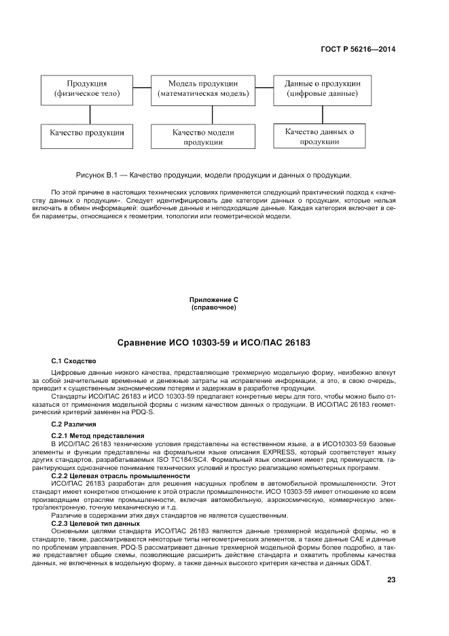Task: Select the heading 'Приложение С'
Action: (214, 300)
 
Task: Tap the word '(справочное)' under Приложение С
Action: (214, 307)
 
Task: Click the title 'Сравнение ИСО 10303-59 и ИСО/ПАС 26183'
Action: (214, 342)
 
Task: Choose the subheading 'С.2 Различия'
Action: (74, 424)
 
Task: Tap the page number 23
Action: (391, 580)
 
